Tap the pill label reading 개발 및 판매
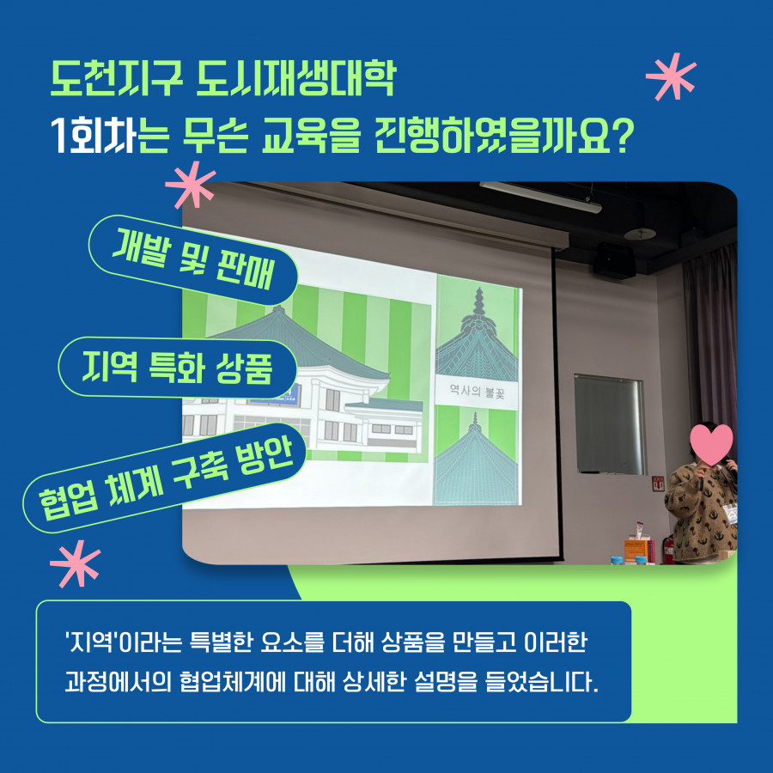tap(192, 259)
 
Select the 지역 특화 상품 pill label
tap(178, 368)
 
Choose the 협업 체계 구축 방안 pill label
tap(165, 478)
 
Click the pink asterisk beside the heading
tap(671, 76)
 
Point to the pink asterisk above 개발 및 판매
tap(191, 184)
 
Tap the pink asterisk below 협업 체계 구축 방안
tap(75, 563)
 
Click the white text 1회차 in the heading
tap(93, 136)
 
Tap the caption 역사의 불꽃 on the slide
tap(477, 392)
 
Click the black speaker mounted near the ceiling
tap(614, 260)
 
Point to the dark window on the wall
tap(610, 424)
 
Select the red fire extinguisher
tap(667, 549)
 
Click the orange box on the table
tap(637, 550)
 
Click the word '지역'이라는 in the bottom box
tap(124, 642)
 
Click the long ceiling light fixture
tap(540, 198)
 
